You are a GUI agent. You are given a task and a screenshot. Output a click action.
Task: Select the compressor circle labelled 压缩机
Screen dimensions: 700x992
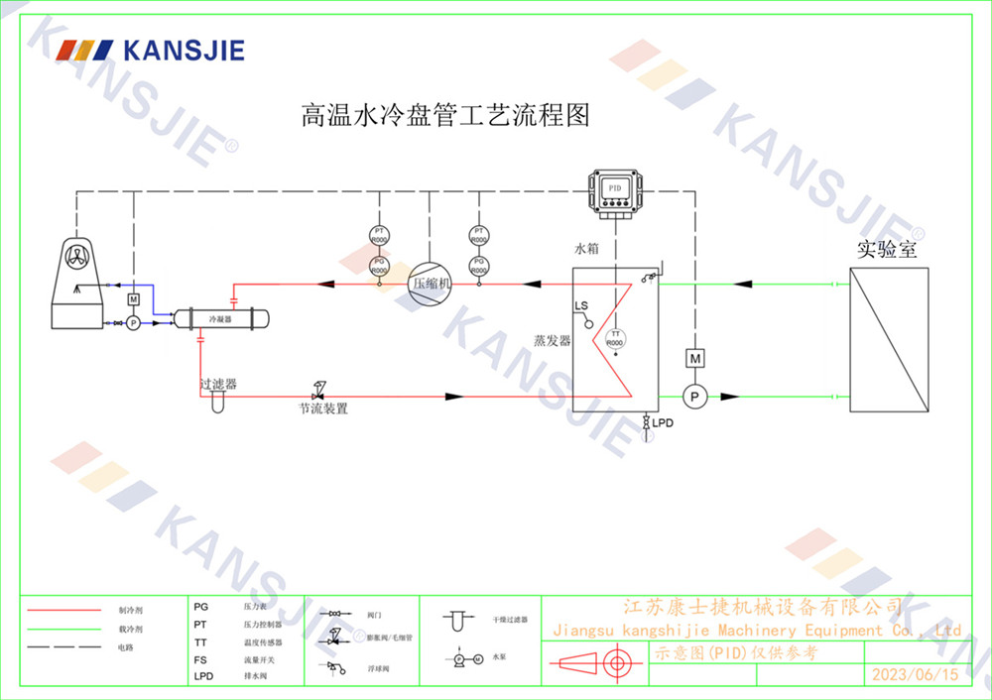click(431, 283)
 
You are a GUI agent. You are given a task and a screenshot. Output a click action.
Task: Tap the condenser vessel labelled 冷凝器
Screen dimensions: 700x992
click(221, 319)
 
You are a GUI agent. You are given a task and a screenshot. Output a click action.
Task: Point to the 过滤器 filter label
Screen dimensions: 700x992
click(218, 383)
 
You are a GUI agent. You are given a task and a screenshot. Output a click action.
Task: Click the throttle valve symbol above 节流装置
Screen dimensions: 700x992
click(319, 387)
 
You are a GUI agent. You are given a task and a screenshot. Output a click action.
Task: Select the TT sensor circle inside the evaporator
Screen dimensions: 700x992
click(615, 337)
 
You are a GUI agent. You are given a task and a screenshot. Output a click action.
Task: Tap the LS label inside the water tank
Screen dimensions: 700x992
click(581, 306)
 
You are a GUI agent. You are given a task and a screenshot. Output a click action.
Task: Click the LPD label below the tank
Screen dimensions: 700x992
click(663, 423)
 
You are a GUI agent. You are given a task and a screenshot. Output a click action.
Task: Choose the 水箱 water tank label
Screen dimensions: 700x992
click(587, 250)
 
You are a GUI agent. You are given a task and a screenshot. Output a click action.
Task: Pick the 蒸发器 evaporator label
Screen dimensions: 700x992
click(553, 341)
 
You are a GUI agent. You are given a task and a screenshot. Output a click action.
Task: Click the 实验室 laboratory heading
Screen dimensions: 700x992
click(887, 250)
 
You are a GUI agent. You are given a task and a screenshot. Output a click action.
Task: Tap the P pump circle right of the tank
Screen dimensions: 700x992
click(695, 396)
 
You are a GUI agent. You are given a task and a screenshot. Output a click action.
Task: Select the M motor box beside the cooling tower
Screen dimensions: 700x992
click(133, 299)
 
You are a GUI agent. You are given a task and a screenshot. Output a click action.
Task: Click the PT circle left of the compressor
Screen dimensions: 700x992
click(379, 236)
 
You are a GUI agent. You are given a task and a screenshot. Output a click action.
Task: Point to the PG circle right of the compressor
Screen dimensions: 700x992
click(478, 265)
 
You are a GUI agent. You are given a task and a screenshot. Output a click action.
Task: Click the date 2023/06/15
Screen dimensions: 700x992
click(915, 675)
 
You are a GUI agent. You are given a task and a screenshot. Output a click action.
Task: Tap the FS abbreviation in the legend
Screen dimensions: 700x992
click(200, 658)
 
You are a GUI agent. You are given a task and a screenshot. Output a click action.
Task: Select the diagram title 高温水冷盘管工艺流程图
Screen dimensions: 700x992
click(445, 116)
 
